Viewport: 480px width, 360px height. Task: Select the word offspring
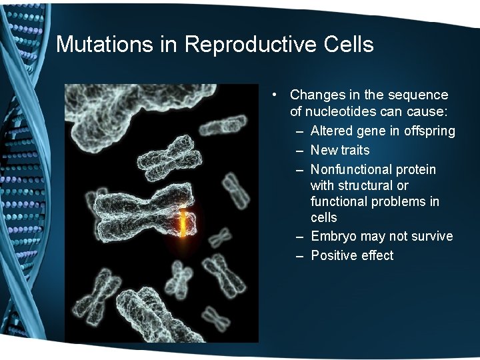click(x=429, y=131)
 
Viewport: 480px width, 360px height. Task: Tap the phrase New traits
click(x=339, y=150)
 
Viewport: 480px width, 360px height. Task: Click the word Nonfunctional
click(x=350, y=169)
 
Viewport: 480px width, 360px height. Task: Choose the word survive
click(x=431, y=237)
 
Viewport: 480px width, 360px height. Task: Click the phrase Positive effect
click(x=352, y=255)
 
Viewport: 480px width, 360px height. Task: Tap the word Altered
click(x=331, y=131)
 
